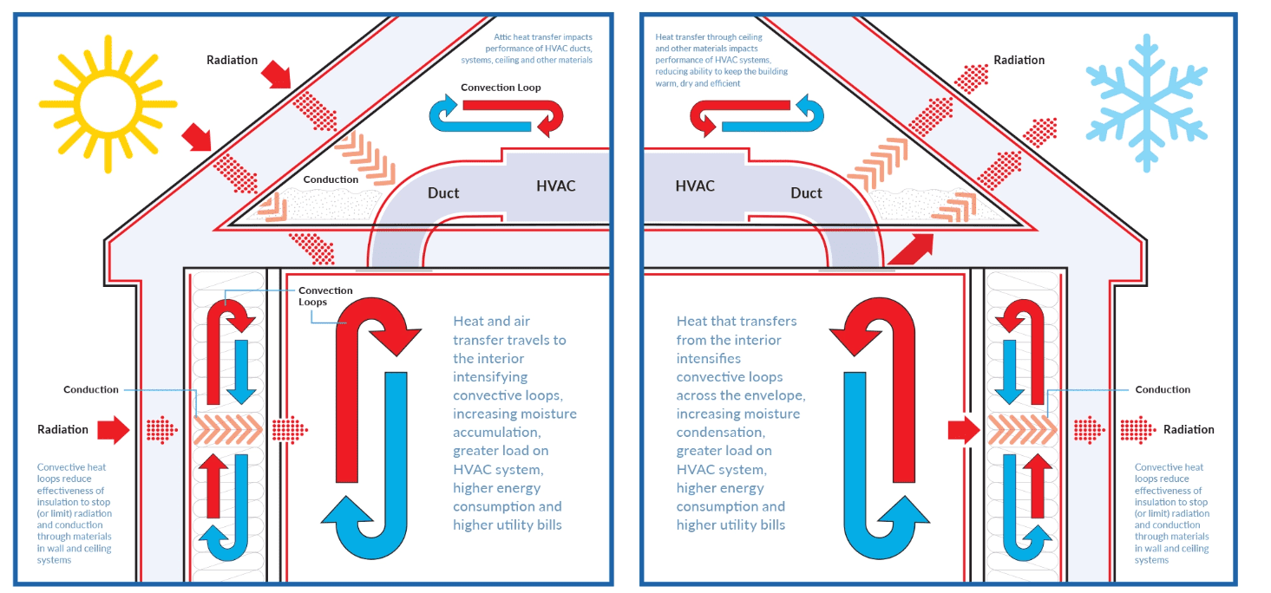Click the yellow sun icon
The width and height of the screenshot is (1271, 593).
[x=107, y=101]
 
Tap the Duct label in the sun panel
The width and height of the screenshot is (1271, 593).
[x=442, y=192]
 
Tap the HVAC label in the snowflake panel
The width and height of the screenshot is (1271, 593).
[x=695, y=186]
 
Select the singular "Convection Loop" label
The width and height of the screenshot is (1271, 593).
[x=501, y=88]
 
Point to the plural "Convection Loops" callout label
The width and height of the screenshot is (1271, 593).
[x=325, y=296]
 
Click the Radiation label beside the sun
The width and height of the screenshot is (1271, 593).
[x=232, y=60]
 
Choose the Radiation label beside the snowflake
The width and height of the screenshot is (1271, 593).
[x=1019, y=60]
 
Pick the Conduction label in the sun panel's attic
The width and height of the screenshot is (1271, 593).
[x=331, y=179]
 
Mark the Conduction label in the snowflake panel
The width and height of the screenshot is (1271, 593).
[x=1163, y=389]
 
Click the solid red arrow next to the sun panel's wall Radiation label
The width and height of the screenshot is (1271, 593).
[x=113, y=428]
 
